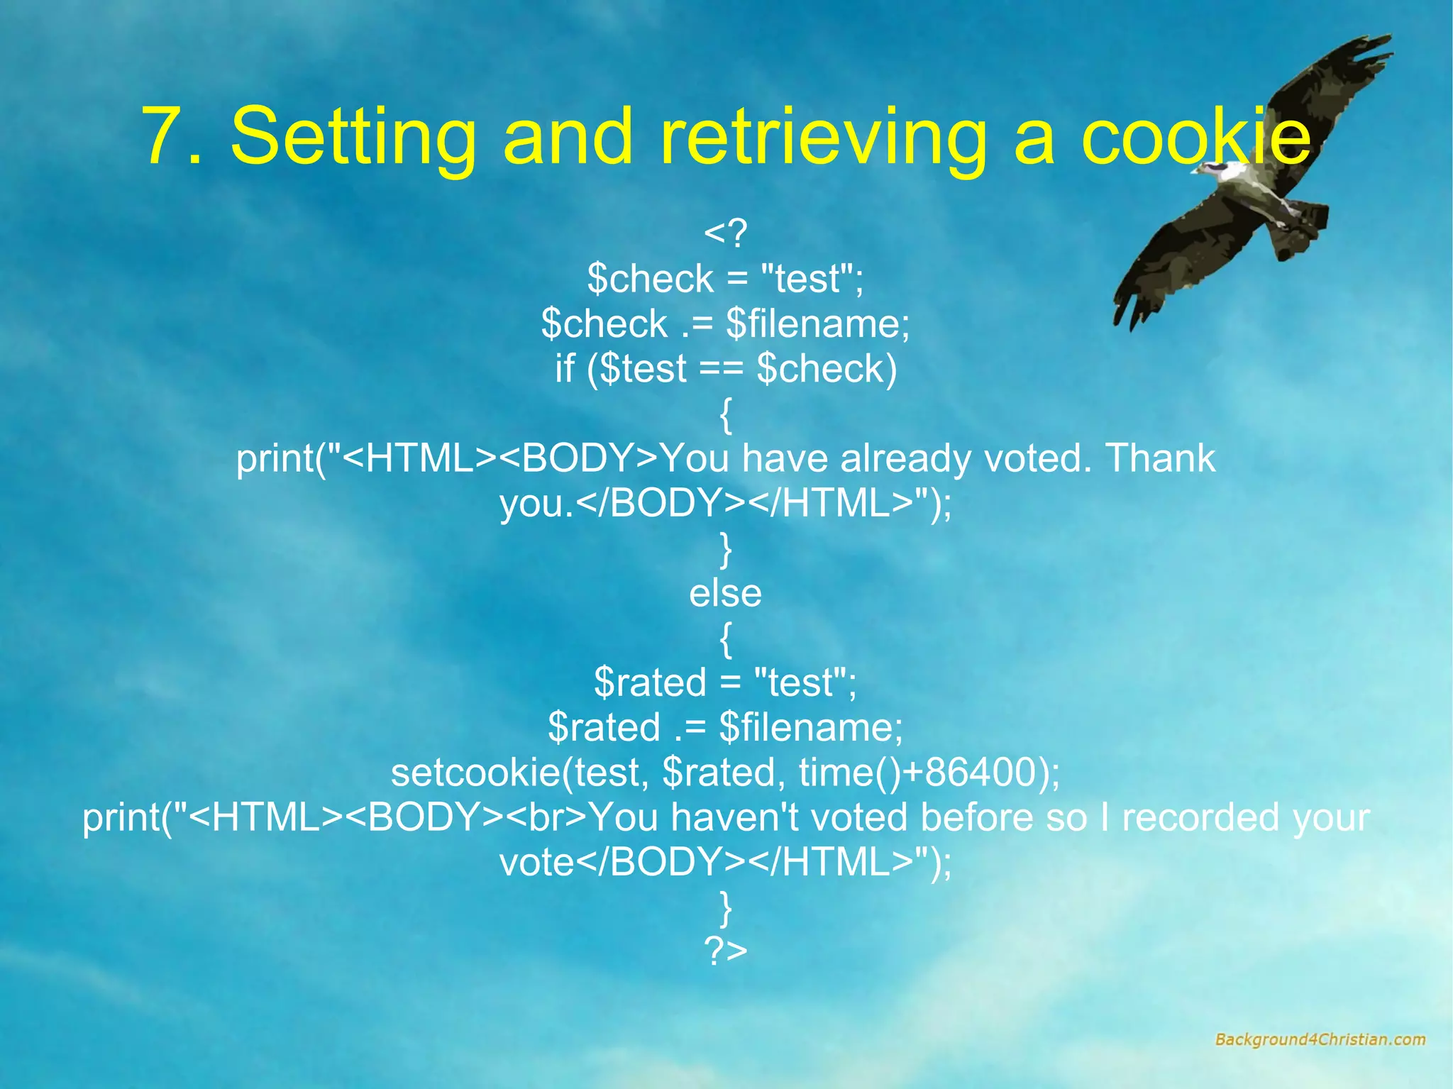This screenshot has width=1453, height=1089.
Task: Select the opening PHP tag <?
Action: point(725,233)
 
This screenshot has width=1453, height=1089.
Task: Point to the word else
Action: point(725,593)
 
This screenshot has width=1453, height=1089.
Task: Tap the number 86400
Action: point(979,772)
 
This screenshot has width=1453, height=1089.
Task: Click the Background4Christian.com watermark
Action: point(1320,1039)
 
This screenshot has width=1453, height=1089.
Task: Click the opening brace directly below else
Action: point(725,639)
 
